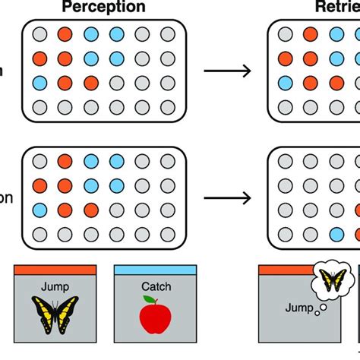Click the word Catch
[155, 286]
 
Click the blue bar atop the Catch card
[155, 269]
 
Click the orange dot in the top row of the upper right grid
[309, 34]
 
